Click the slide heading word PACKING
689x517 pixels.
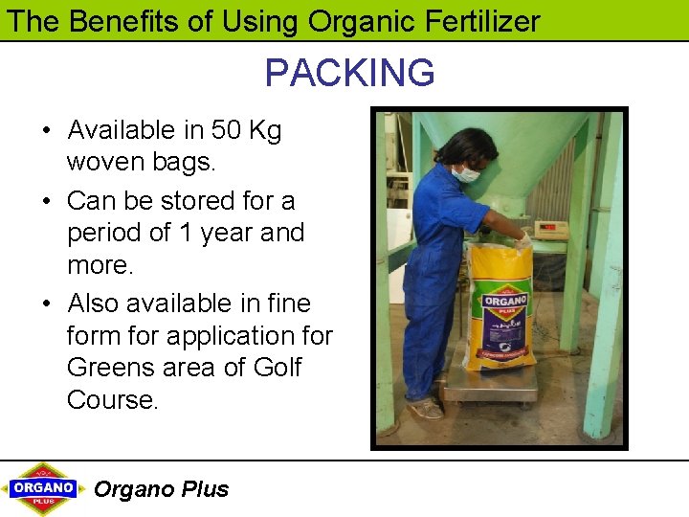[x=349, y=73]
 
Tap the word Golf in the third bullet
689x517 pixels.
[x=277, y=368]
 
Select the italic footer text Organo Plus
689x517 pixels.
[x=161, y=489]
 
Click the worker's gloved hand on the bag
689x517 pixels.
[x=522, y=240]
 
